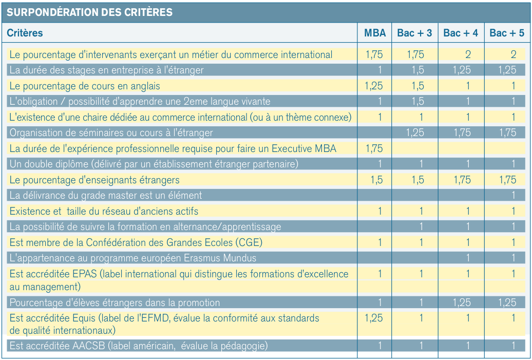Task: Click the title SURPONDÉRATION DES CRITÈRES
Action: (x=89, y=12)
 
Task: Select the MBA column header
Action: (x=375, y=33)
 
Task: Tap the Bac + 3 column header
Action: (x=414, y=33)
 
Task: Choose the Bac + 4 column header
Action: (x=461, y=33)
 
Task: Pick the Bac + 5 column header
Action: (x=506, y=33)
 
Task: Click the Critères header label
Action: (x=25, y=33)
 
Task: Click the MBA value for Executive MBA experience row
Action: (x=374, y=148)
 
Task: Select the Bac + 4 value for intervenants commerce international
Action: (x=468, y=54)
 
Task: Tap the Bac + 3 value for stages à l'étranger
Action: (x=417, y=70)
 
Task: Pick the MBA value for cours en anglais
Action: (x=373, y=86)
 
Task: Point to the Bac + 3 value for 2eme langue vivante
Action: (x=417, y=101)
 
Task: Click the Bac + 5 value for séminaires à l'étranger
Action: (x=507, y=132)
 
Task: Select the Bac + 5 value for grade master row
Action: (x=514, y=195)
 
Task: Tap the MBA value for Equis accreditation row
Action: (x=373, y=318)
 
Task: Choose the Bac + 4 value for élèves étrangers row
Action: (x=462, y=302)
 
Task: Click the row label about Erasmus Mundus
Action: (x=132, y=258)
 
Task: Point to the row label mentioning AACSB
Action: (x=139, y=346)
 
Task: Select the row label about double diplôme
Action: (x=154, y=164)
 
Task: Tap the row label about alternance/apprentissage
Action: (x=145, y=226)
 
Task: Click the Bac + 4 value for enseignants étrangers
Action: (x=462, y=180)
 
